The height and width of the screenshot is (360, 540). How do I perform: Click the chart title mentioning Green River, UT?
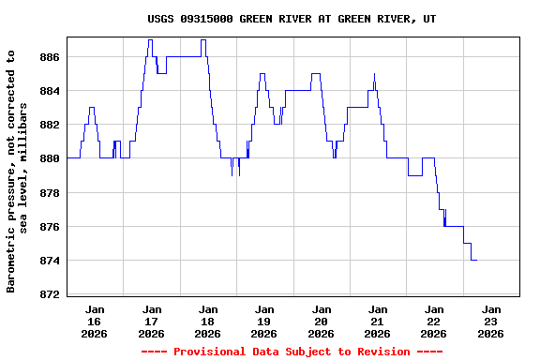tap(292, 19)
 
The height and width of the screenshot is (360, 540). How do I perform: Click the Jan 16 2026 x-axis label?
tap(95, 321)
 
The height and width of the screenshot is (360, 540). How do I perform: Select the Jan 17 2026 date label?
tap(151, 321)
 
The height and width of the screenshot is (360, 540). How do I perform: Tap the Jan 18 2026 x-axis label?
tap(208, 321)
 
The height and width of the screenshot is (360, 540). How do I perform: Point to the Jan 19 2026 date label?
tap(264, 321)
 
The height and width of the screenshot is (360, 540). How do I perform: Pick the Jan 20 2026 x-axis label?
tap(321, 321)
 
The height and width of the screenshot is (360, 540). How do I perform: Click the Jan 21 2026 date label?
tap(377, 321)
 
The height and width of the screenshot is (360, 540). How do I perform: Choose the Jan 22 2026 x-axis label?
tap(434, 321)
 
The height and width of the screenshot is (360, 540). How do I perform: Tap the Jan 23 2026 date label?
tap(490, 321)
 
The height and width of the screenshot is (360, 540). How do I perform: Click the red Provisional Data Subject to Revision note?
tap(292, 352)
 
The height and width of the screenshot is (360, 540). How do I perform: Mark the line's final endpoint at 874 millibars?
tap(476, 260)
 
